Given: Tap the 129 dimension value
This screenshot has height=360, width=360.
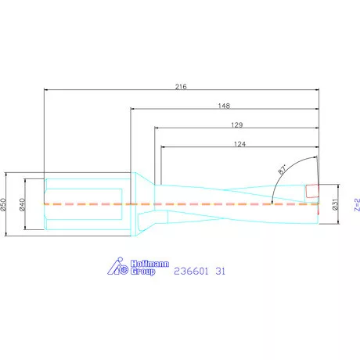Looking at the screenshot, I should (x=236, y=124).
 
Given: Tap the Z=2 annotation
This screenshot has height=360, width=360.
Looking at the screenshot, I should (x=357, y=204).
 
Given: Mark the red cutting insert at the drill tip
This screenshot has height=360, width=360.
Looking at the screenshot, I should (x=313, y=190).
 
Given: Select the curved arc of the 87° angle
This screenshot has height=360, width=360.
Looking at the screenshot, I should (x=275, y=185).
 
